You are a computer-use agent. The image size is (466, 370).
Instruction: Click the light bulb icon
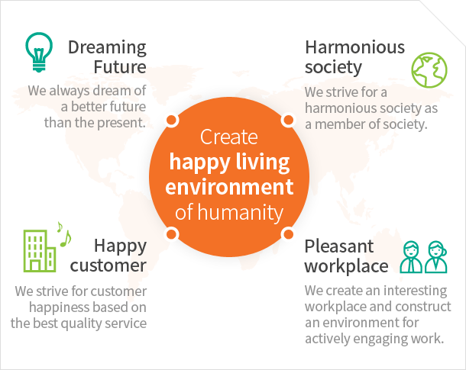pyautogui.click(x=39, y=52)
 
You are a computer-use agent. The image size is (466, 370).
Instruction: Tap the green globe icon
pyautogui.click(x=429, y=70)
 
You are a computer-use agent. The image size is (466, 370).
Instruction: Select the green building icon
pyautogui.click(x=40, y=251)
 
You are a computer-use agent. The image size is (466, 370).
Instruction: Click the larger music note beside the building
pyautogui.click(x=66, y=239)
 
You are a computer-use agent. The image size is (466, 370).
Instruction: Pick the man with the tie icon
pyautogui.click(x=411, y=257)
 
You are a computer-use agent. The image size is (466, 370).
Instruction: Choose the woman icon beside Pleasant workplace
pyautogui.click(x=436, y=257)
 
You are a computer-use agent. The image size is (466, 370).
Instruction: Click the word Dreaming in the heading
pyautogui.click(x=107, y=48)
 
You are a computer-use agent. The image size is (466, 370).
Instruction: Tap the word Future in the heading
pyautogui.click(x=120, y=67)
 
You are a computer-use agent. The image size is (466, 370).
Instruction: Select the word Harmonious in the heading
pyautogui.click(x=355, y=47)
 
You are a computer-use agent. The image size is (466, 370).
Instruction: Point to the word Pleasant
pyautogui.click(x=338, y=246)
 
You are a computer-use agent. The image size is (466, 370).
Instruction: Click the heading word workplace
pyautogui.click(x=346, y=265)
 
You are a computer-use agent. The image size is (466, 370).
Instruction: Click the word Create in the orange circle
pyautogui.click(x=229, y=137)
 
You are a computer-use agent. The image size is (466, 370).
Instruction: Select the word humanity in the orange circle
pyautogui.click(x=240, y=213)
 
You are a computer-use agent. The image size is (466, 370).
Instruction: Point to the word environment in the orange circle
pyautogui.click(x=229, y=187)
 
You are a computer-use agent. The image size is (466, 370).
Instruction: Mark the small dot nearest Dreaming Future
pyautogui.click(x=171, y=121)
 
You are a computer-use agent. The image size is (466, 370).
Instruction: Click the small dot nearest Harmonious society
pyautogui.click(x=288, y=121)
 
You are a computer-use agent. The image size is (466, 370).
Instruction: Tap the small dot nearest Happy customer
pyautogui.click(x=171, y=234)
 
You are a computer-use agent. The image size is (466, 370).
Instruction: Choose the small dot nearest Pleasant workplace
pyautogui.click(x=288, y=233)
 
